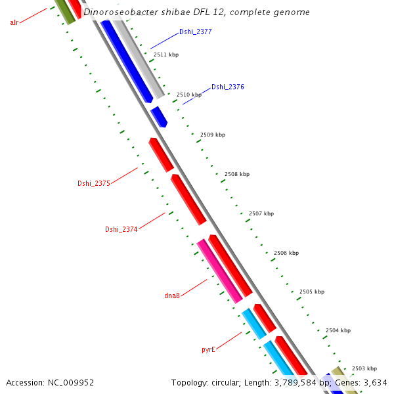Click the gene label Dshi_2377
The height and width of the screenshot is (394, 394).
click(x=195, y=32)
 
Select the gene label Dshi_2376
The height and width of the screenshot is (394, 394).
click(x=227, y=87)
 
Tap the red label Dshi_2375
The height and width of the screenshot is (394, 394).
click(x=93, y=183)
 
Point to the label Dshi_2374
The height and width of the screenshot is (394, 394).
click(x=121, y=229)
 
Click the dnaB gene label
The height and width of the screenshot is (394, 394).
click(x=172, y=295)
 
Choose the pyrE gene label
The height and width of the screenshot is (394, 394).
click(x=208, y=350)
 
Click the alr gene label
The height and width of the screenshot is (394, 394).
click(x=14, y=22)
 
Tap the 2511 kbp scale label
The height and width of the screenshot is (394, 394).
click(x=165, y=55)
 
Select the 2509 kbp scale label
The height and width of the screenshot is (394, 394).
click(x=212, y=135)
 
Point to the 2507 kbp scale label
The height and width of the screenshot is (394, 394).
click(x=261, y=213)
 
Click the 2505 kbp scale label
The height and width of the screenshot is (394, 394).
click(x=311, y=292)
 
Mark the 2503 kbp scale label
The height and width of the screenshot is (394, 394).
click(x=364, y=368)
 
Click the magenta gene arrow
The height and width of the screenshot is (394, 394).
click(x=219, y=271)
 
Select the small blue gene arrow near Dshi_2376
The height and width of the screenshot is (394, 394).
click(x=159, y=117)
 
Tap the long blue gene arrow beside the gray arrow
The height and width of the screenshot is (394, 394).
click(x=127, y=62)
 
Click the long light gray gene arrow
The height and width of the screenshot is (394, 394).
click(x=139, y=58)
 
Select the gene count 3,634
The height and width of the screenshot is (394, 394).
click(x=374, y=382)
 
